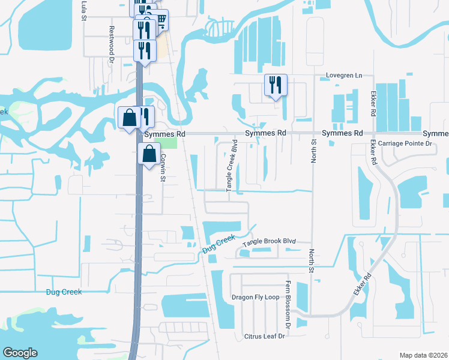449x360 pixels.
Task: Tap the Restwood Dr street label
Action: [x=112, y=44]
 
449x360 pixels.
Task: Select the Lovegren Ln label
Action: [x=345, y=76]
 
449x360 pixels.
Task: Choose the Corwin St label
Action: [x=162, y=166]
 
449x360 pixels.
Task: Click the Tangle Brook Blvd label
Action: [x=270, y=241]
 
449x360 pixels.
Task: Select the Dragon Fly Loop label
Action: [x=256, y=297]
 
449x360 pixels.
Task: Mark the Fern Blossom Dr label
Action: [x=288, y=313]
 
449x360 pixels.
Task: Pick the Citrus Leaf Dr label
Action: [x=264, y=336]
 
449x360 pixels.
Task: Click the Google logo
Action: [x=20, y=353]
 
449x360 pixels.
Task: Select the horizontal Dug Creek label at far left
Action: [x=63, y=292]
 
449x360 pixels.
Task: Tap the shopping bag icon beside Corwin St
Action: [x=148, y=154]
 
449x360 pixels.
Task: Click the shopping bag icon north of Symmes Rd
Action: [x=129, y=117]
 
